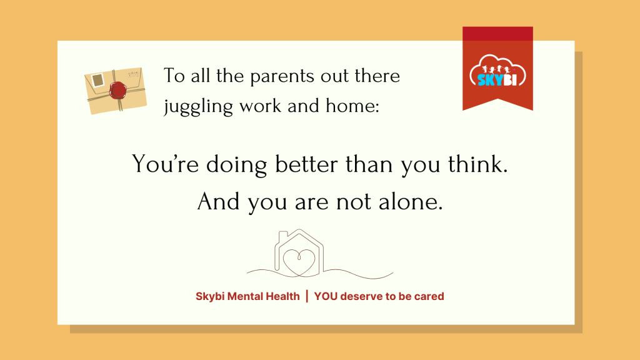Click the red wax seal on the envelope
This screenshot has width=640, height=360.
(x=118, y=90)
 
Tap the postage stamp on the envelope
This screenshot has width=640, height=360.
(x=97, y=80)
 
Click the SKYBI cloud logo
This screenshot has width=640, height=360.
(x=497, y=71)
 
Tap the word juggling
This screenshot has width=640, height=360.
(x=198, y=107)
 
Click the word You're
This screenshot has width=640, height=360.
(x=165, y=164)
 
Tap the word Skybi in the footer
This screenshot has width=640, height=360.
(x=210, y=297)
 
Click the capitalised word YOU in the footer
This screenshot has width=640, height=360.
(x=326, y=296)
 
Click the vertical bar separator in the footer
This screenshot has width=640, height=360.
(x=307, y=296)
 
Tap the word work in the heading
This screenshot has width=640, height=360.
(x=261, y=106)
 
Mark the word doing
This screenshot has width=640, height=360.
(x=236, y=166)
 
